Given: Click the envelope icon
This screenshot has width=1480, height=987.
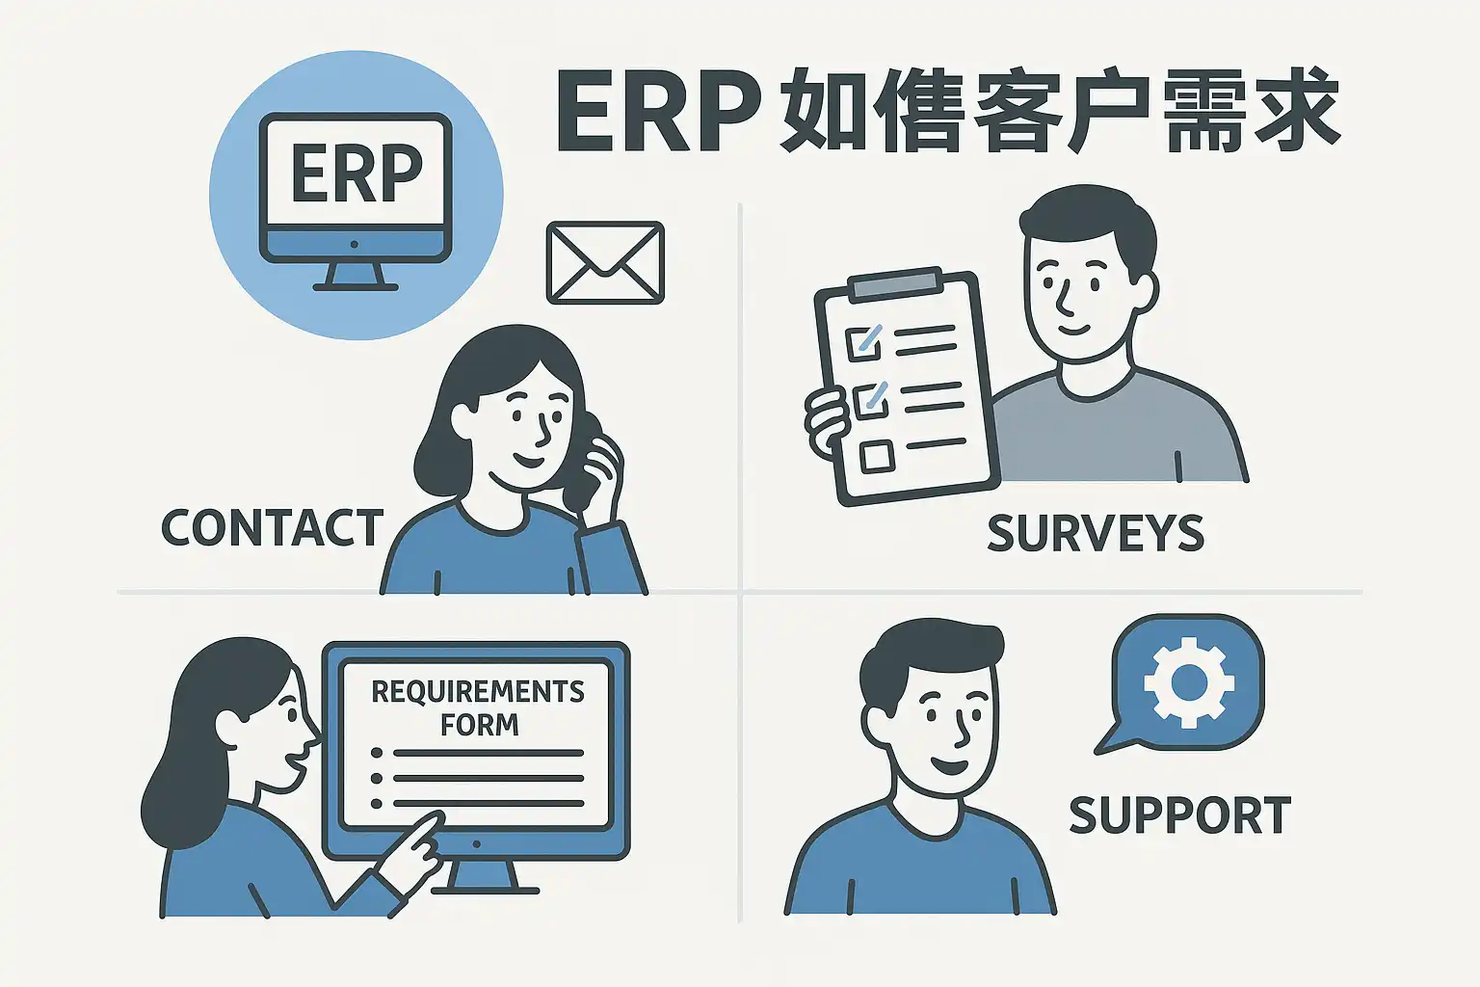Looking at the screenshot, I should (605, 263).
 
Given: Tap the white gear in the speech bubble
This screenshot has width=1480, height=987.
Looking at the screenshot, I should (1188, 682).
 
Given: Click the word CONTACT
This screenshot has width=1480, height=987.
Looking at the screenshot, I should (272, 528).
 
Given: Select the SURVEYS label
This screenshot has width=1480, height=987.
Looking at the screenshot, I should (1096, 534).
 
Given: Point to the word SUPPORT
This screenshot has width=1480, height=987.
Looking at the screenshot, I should (1179, 816).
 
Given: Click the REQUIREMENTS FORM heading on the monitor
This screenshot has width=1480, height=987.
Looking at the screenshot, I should (478, 707).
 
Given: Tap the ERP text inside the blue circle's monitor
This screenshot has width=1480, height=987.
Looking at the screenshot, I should (357, 173).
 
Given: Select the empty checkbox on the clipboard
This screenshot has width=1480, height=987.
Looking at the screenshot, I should (876, 456).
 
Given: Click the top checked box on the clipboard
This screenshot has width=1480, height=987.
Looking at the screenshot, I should (862, 343).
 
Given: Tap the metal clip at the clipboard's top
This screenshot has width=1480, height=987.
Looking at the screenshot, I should (895, 282).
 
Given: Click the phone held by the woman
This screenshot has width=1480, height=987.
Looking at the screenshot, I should (588, 463).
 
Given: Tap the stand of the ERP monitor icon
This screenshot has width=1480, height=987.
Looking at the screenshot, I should (356, 276).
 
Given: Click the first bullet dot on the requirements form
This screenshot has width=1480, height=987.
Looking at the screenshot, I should (377, 753).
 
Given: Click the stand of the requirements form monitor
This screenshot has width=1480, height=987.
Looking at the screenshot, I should (480, 876).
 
